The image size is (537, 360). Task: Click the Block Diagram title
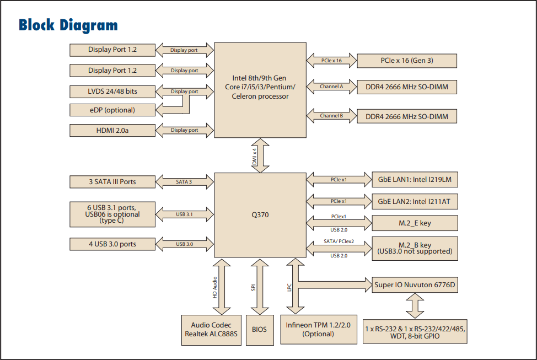[68, 25]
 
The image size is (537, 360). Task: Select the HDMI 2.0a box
[112, 130]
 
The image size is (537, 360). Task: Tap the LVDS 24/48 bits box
[112, 92]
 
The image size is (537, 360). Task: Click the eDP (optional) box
[112, 110]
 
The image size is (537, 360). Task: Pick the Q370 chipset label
[260, 214]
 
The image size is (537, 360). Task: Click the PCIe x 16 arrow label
[332, 61]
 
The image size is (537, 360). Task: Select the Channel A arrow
[332, 87]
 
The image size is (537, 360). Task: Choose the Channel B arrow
[332, 116]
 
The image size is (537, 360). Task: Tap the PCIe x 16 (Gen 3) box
[407, 61]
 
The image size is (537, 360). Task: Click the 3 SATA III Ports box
[112, 181]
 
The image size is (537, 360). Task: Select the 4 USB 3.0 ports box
[112, 244]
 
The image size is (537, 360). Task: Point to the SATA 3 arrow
[184, 181]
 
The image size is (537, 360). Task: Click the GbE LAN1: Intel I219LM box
[415, 180]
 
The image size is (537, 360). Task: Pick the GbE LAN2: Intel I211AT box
[415, 202]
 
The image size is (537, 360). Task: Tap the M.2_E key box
[415, 223]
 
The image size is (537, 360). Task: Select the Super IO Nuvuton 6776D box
[415, 285]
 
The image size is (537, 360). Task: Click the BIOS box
[260, 330]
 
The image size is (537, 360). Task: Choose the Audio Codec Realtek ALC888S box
[212, 330]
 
